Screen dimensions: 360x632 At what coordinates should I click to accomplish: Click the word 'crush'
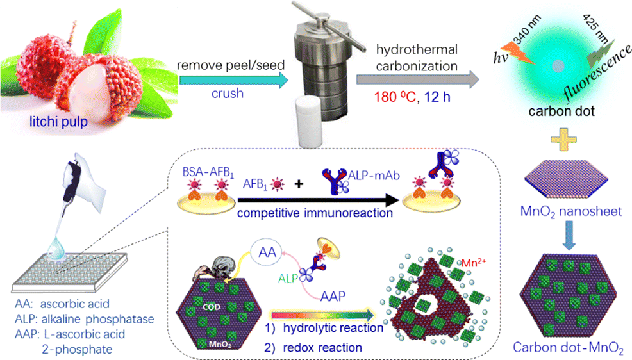tap(226, 94)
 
